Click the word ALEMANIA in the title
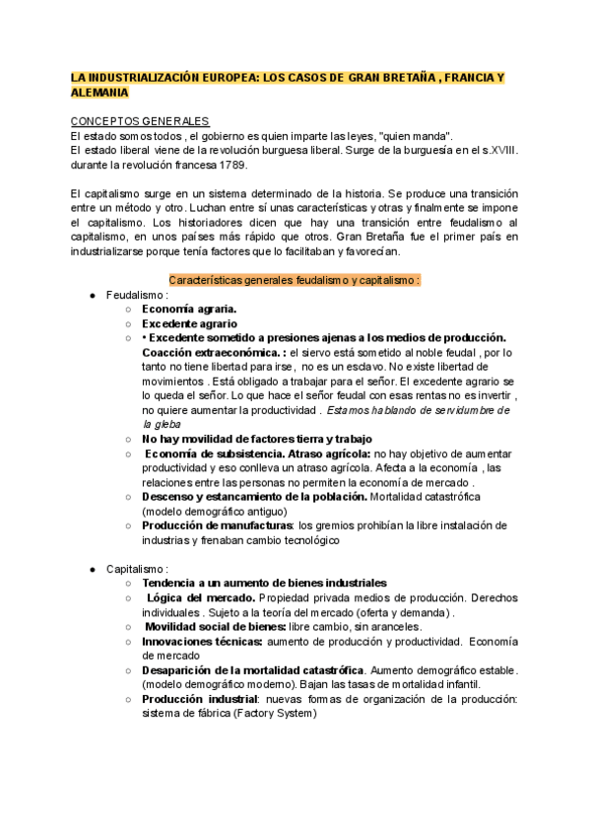coord(99,92)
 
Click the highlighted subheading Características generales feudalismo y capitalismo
coord(295,279)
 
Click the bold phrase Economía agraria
coord(187,309)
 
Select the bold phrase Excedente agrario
coord(189,322)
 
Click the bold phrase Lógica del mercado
coord(201,598)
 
